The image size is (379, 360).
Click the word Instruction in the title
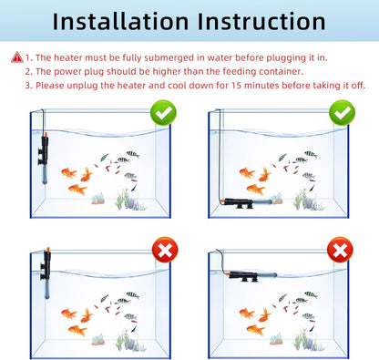[263, 23]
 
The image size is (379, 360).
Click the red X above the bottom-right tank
[339, 248]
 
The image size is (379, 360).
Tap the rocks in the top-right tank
[311, 202]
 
